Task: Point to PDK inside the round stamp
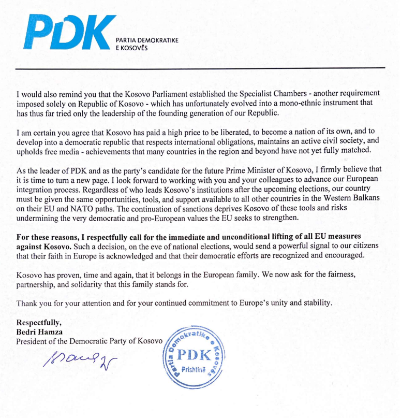click(x=194, y=356)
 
